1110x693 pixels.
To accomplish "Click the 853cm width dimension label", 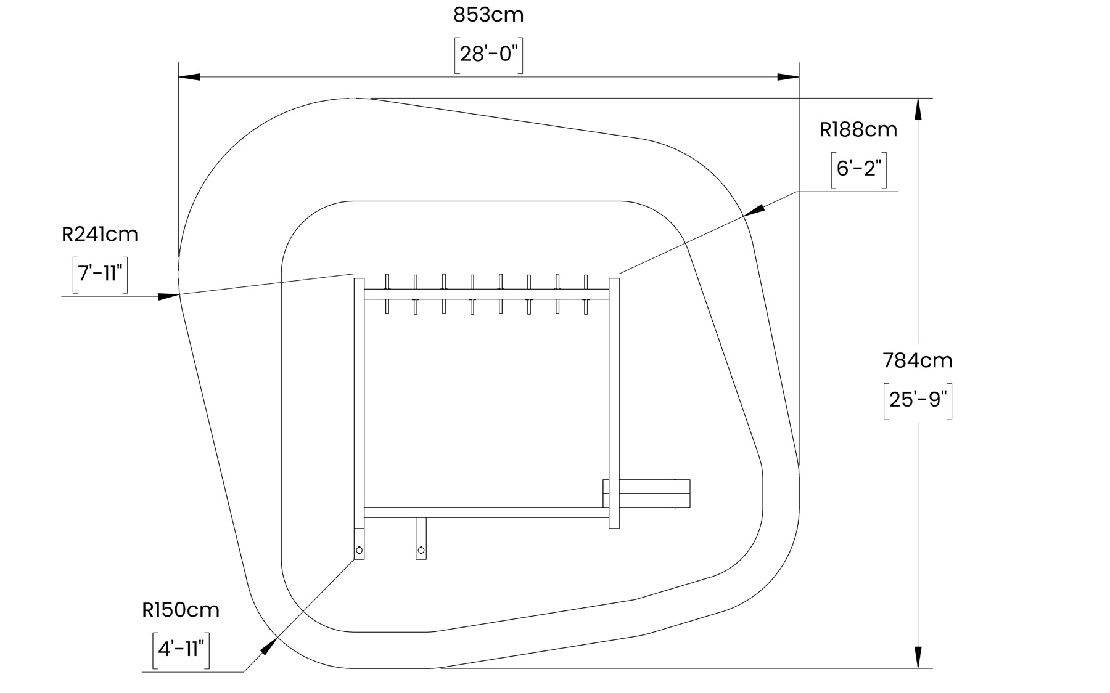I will click(x=488, y=15).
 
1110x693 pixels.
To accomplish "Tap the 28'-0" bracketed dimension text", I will click(x=488, y=55).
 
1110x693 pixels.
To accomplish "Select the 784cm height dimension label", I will click(x=918, y=360).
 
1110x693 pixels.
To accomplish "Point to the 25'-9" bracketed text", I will click(x=918, y=400).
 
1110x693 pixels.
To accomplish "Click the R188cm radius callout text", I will click(x=858, y=130).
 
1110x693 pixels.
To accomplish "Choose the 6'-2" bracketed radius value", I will click(x=858, y=168).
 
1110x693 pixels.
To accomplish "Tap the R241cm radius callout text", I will click(x=100, y=235).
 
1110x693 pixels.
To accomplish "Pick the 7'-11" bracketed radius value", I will click(x=100, y=273).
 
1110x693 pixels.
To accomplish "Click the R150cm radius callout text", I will click(x=181, y=610).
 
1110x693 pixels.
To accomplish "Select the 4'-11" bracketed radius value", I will click(x=181, y=649).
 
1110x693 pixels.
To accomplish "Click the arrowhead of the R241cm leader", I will click(x=168, y=296).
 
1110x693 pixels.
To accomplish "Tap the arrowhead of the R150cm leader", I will click(x=269, y=646).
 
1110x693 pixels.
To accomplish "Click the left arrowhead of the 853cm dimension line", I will click(x=189, y=78).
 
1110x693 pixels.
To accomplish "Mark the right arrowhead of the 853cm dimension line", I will click(x=788, y=78).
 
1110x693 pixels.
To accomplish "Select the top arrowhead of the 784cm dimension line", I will click(x=918, y=109).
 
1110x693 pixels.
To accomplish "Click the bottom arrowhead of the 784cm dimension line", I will click(x=918, y=657).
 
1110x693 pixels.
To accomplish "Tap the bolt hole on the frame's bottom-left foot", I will click(x=360, y=550).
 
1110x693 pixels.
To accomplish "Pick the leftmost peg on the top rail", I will click(x=387, y=294).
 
